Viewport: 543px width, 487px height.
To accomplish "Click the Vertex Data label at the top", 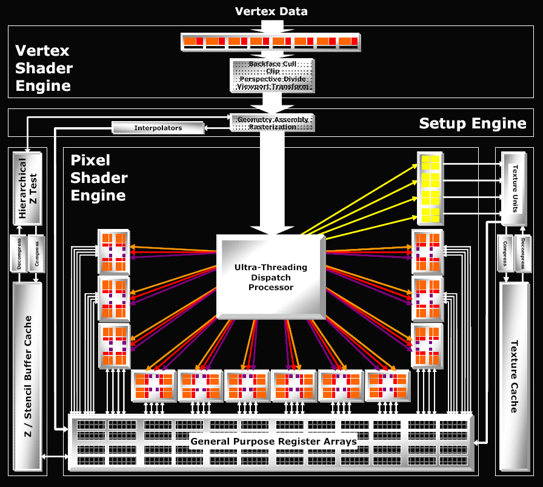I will click(x=271, y=11).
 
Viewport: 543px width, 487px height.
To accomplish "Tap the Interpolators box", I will click(x=158, y=128).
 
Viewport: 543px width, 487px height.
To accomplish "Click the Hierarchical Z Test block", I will click(x=27, y=188).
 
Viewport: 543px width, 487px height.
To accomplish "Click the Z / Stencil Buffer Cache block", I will click(x=27, y=376).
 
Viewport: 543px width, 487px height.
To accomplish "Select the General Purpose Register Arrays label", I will click(x=273, y=441).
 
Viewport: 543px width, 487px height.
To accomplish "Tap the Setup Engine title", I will click(x=473, y=124).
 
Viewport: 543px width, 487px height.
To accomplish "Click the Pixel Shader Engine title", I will click(x=99, y=177).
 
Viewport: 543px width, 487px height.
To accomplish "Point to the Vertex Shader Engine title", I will click(x=44, y=68).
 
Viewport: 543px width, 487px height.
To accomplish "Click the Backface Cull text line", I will click(x=272, y=64).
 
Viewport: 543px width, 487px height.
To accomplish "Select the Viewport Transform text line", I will click(x=272, y=87).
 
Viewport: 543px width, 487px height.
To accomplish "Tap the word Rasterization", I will click(x=272, y=127).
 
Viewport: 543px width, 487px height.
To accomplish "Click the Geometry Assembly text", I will click(x=272, y=119).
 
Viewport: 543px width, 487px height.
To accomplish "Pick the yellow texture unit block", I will click(x=430, y=188).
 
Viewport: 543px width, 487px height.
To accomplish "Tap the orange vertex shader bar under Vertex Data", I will click(x=270, y=41).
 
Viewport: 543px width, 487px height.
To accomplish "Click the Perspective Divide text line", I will click(x=272, y=79).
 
